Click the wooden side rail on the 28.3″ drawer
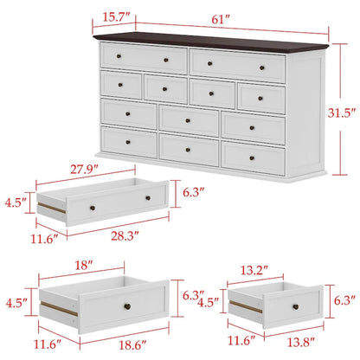tap(50, 213)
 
